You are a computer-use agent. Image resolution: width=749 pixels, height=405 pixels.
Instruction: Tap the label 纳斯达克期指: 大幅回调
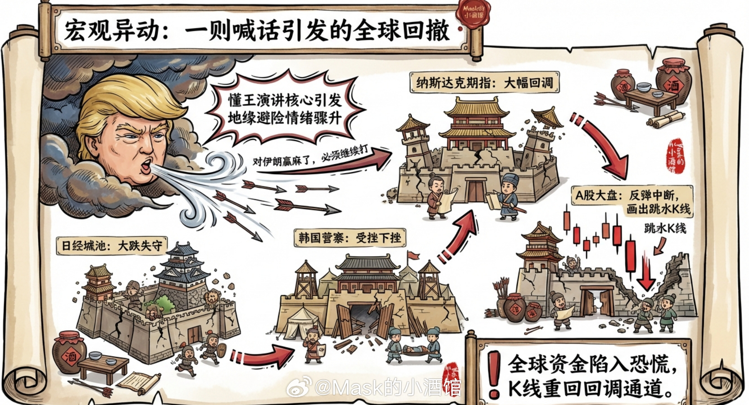click(x=484, y=83)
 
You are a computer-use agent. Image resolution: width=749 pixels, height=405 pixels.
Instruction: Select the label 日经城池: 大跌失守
click(x=112, y=245)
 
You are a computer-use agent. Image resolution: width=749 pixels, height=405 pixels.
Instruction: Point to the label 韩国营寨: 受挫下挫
click(x=350, y=238)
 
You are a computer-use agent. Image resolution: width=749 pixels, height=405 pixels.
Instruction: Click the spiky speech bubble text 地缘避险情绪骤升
click(x=284, y=119)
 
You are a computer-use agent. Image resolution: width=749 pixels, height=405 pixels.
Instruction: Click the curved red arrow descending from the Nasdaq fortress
click(x=604, y=145)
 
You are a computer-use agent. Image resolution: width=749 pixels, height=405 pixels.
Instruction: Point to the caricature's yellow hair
click(x=126, y=98)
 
